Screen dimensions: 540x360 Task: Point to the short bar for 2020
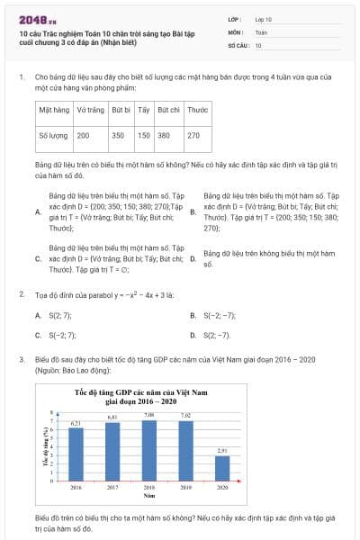point(221,468)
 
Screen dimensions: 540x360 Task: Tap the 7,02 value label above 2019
point(185,416)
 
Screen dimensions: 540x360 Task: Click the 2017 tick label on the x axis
point(112,486)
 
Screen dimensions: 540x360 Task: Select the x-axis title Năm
point(148,495)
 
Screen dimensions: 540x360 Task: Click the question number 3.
point(22,359)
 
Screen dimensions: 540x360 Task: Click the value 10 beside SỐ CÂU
point(258,44)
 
